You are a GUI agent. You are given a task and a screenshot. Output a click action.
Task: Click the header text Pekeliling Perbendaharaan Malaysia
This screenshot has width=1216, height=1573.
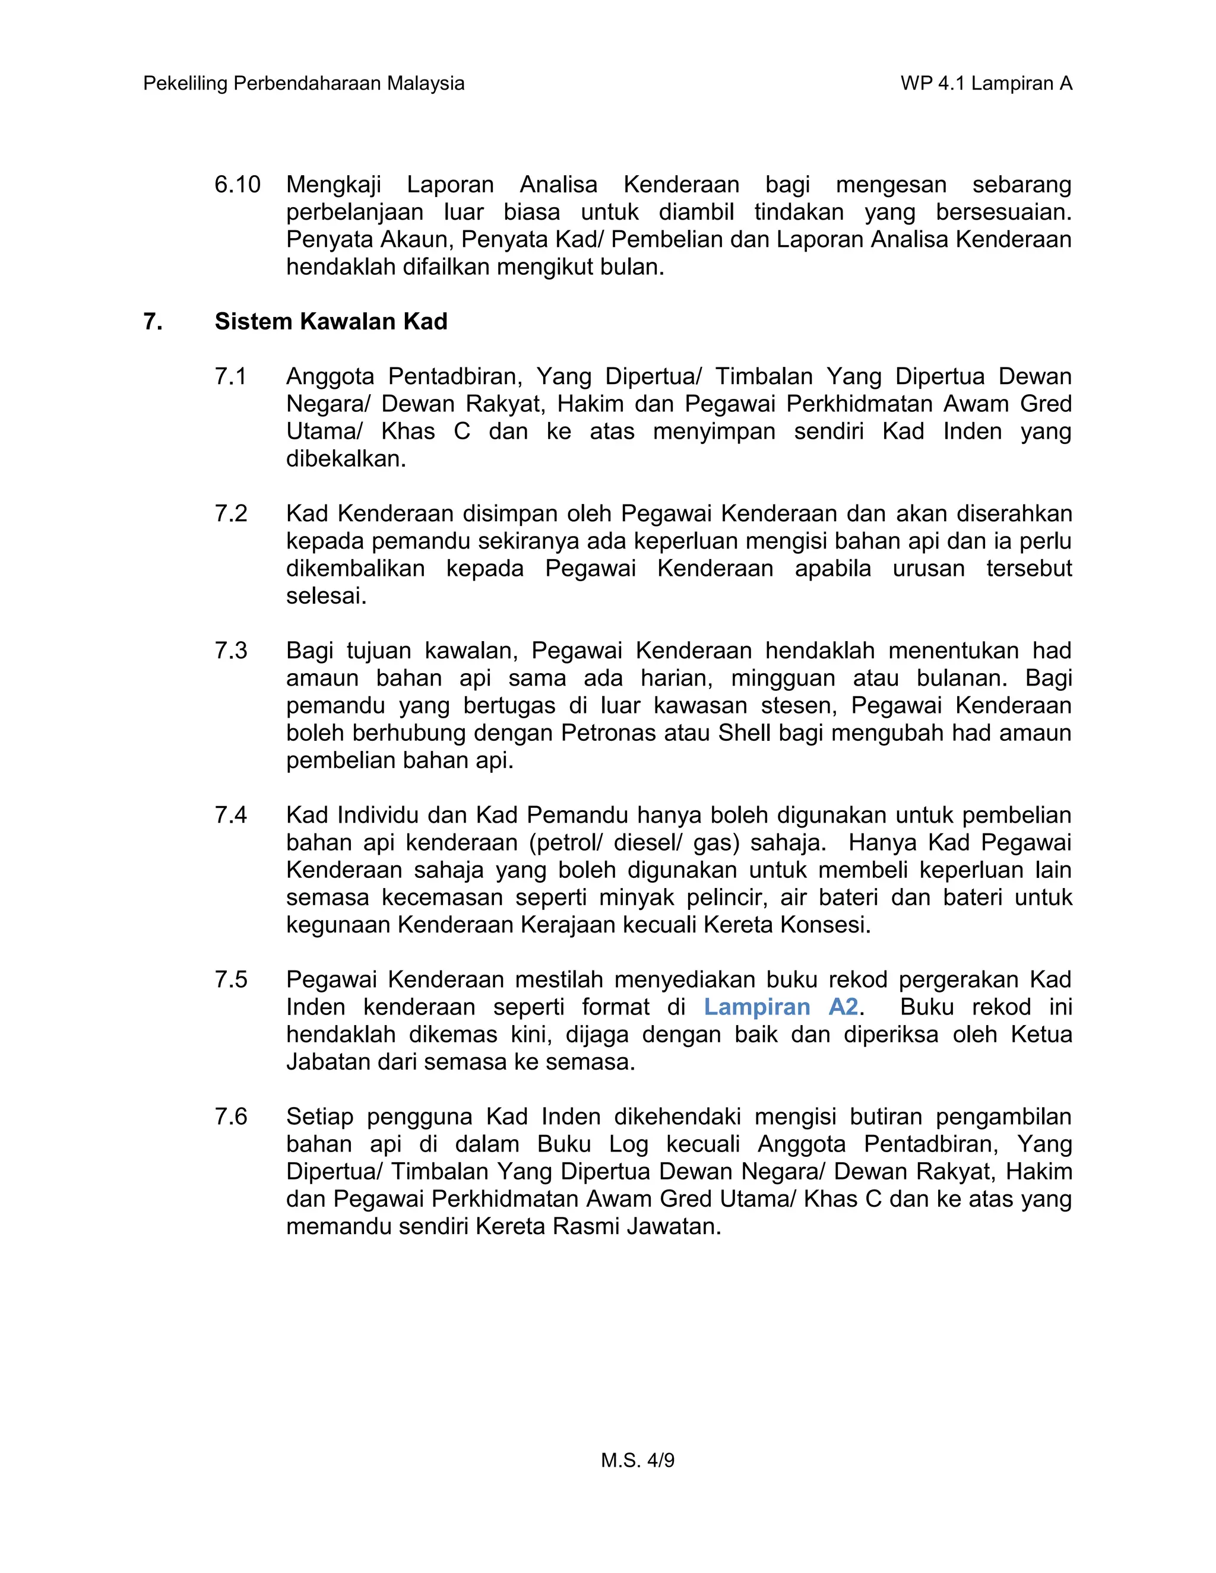click(303, 84)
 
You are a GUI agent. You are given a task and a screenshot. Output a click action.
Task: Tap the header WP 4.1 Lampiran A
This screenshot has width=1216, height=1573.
click(986, 84)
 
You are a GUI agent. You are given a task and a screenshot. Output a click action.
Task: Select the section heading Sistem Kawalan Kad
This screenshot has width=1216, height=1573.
click(331, 321)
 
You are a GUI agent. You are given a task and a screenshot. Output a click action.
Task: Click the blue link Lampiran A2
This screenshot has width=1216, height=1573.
click(781, 1007)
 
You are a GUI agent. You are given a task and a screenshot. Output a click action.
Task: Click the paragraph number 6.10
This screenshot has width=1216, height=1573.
click(237, 185)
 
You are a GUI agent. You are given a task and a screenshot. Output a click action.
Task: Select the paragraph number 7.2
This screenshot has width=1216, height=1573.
click(230, 513)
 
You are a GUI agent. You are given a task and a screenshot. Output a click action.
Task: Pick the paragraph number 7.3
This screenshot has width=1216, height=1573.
click(230, 651)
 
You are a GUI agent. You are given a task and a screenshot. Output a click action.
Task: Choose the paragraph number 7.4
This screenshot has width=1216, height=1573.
click(230, 816)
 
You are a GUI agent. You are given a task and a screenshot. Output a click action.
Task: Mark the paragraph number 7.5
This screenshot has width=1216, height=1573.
click(230, 979)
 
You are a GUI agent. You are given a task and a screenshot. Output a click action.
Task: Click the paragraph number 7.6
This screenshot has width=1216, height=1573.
click(230, 1117)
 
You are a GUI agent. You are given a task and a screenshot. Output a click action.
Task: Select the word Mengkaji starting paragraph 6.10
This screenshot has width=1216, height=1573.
click(333, 185)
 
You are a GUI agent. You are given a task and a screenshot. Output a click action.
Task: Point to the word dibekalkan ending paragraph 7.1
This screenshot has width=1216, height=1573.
click(346, 459)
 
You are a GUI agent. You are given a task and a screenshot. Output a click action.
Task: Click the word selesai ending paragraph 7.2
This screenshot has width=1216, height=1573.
click(325, 595)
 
